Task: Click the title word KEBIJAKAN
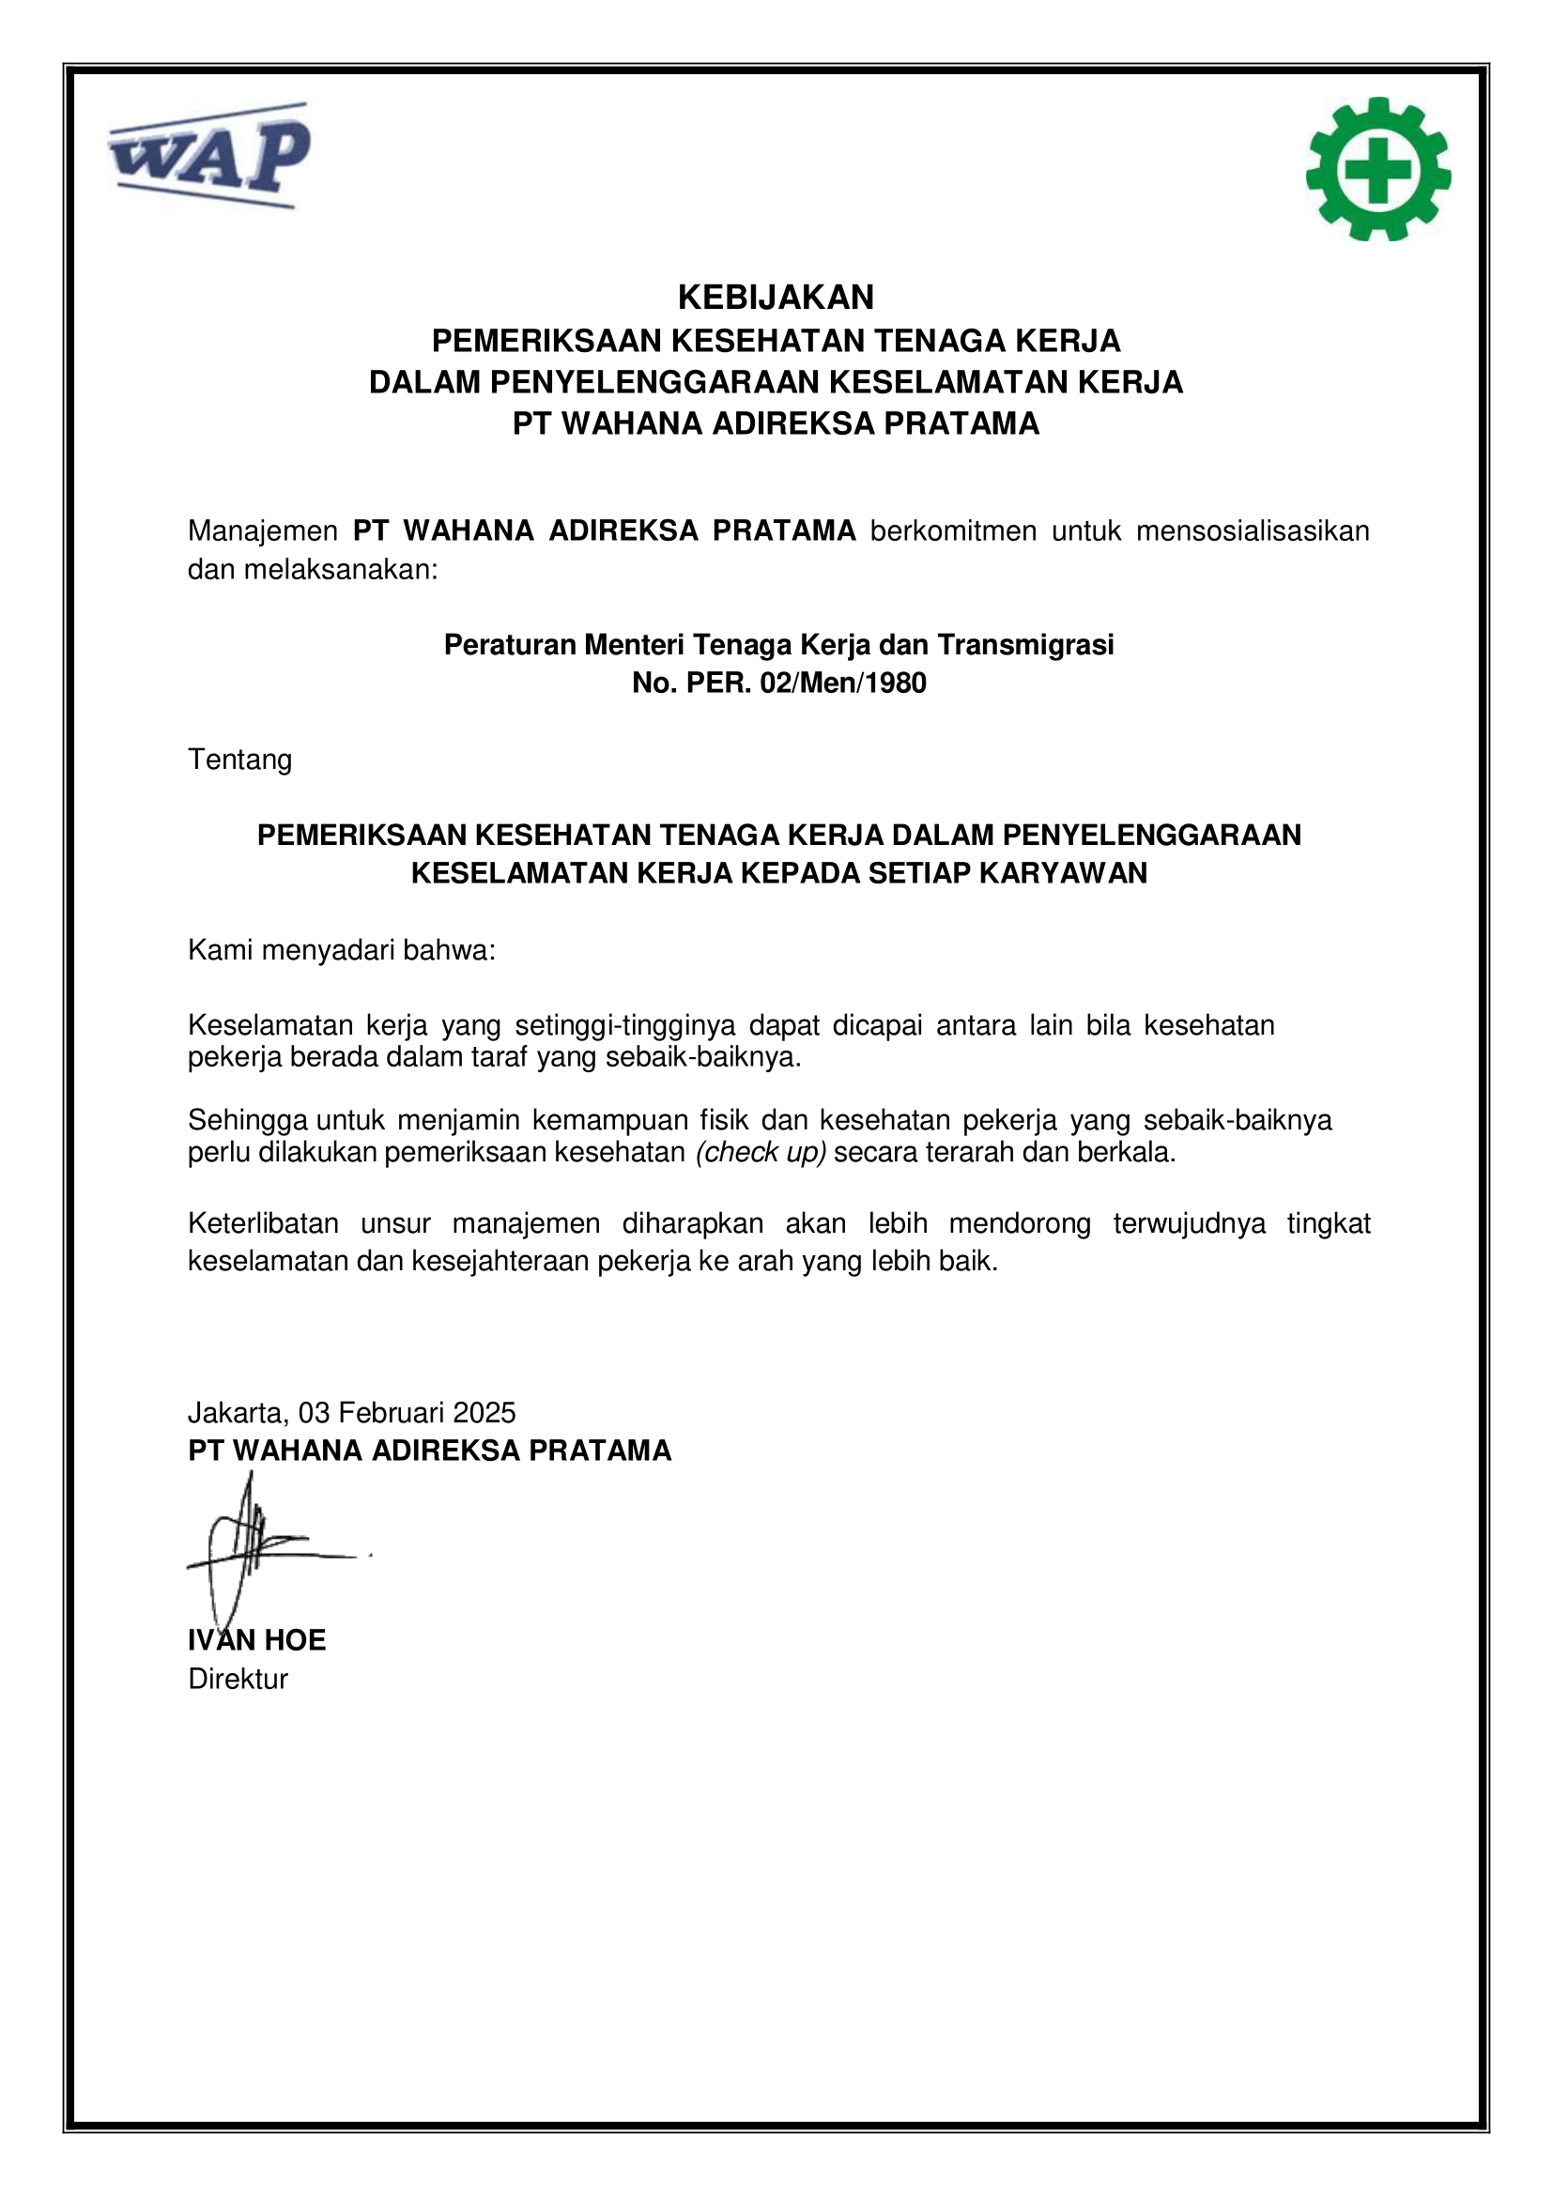click(776, 298)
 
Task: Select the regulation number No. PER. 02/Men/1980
click(778, 683)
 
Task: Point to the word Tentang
click(240, 760)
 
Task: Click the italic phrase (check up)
click(761, 1153)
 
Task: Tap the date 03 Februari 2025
click(407, 1413)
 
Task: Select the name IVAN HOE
click(257, 1640)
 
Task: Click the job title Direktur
click(238, 1679)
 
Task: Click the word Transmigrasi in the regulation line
click(1025, 645)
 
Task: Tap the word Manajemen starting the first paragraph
click(262, 530)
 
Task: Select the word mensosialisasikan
click(1252, 530)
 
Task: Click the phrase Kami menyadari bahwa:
click(342, 951)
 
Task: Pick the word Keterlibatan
click(263, 1223)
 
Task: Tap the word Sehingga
click(248, 1119)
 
